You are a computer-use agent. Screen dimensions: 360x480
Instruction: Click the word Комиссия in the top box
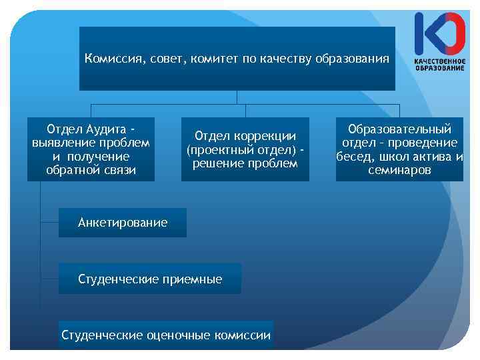(109, 59)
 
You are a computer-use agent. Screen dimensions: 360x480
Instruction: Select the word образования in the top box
(353, 59)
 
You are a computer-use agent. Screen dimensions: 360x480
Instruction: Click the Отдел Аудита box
(91, 149)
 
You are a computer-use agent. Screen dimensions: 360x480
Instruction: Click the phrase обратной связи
(91, 170)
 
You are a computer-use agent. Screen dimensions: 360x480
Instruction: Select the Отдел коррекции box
(245, 149)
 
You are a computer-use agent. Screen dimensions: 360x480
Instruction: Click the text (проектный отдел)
(241, 149)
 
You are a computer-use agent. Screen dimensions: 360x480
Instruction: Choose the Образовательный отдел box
(399, 149)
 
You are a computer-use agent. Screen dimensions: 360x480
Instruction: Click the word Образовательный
(399, 129)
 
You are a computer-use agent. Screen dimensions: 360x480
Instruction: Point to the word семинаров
(399, 170)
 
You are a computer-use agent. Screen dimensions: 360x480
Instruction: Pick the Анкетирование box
(123, 222)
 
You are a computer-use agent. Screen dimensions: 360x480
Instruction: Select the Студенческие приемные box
(150, 279)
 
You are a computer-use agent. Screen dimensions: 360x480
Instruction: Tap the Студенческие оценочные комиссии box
(166, 335)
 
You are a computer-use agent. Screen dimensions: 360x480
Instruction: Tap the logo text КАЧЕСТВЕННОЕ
(439, 62)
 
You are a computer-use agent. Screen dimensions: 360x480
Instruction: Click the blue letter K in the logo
(424, 33)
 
